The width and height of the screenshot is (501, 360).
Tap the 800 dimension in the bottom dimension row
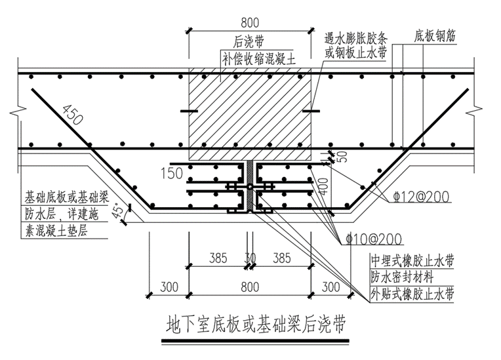[250, 285]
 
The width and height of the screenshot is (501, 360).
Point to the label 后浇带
[250, 41]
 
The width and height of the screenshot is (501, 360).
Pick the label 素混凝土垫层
[56, 230]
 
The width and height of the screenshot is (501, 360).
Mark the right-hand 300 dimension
[332, 285]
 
